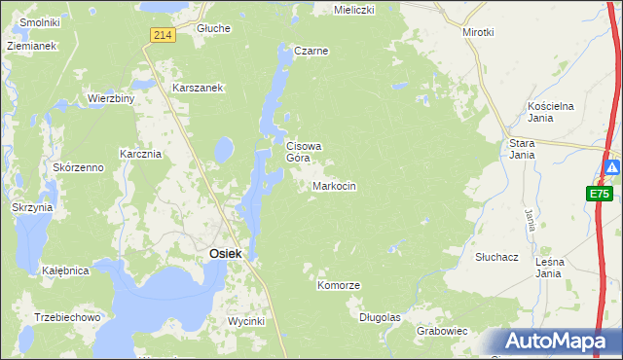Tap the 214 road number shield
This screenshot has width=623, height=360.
coord(163,35)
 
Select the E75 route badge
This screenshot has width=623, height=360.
coord(599,194)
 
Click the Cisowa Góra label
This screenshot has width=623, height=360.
coord(303,152)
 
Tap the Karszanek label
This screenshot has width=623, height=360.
coord(199,88)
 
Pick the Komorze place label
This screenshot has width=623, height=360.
coord(339,286)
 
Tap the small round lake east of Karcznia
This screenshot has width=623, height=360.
coord(224,149)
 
